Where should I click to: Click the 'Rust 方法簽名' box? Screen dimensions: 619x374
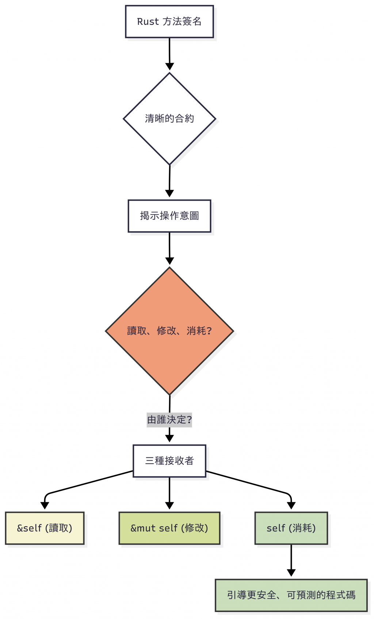coord(169,22)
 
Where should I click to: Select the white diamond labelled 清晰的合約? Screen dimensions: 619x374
coord(169,119)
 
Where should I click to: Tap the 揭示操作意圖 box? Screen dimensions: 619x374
coord(169,216)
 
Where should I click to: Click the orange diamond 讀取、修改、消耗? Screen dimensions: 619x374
coord(169,331)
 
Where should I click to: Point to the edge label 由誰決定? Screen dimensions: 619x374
coord(169,420)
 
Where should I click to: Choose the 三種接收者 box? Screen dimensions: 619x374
coord(169,461)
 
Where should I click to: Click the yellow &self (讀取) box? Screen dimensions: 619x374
coord(45,528)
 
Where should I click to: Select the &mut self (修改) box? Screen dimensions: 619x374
coord(169,528)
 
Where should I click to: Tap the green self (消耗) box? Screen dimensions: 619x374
coord(291,528)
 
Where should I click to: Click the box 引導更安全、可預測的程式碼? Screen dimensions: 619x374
coord(291,595)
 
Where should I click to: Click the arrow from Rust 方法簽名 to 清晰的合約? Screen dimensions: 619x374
coord(169,53)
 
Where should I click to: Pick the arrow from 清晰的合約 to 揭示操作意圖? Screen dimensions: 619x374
coord(169,181)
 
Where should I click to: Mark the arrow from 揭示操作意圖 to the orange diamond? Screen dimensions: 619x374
coord(169,247)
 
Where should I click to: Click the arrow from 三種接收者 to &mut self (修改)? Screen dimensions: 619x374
coord(169,492)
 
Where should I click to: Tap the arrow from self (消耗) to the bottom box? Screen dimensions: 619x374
coord(291,560)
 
